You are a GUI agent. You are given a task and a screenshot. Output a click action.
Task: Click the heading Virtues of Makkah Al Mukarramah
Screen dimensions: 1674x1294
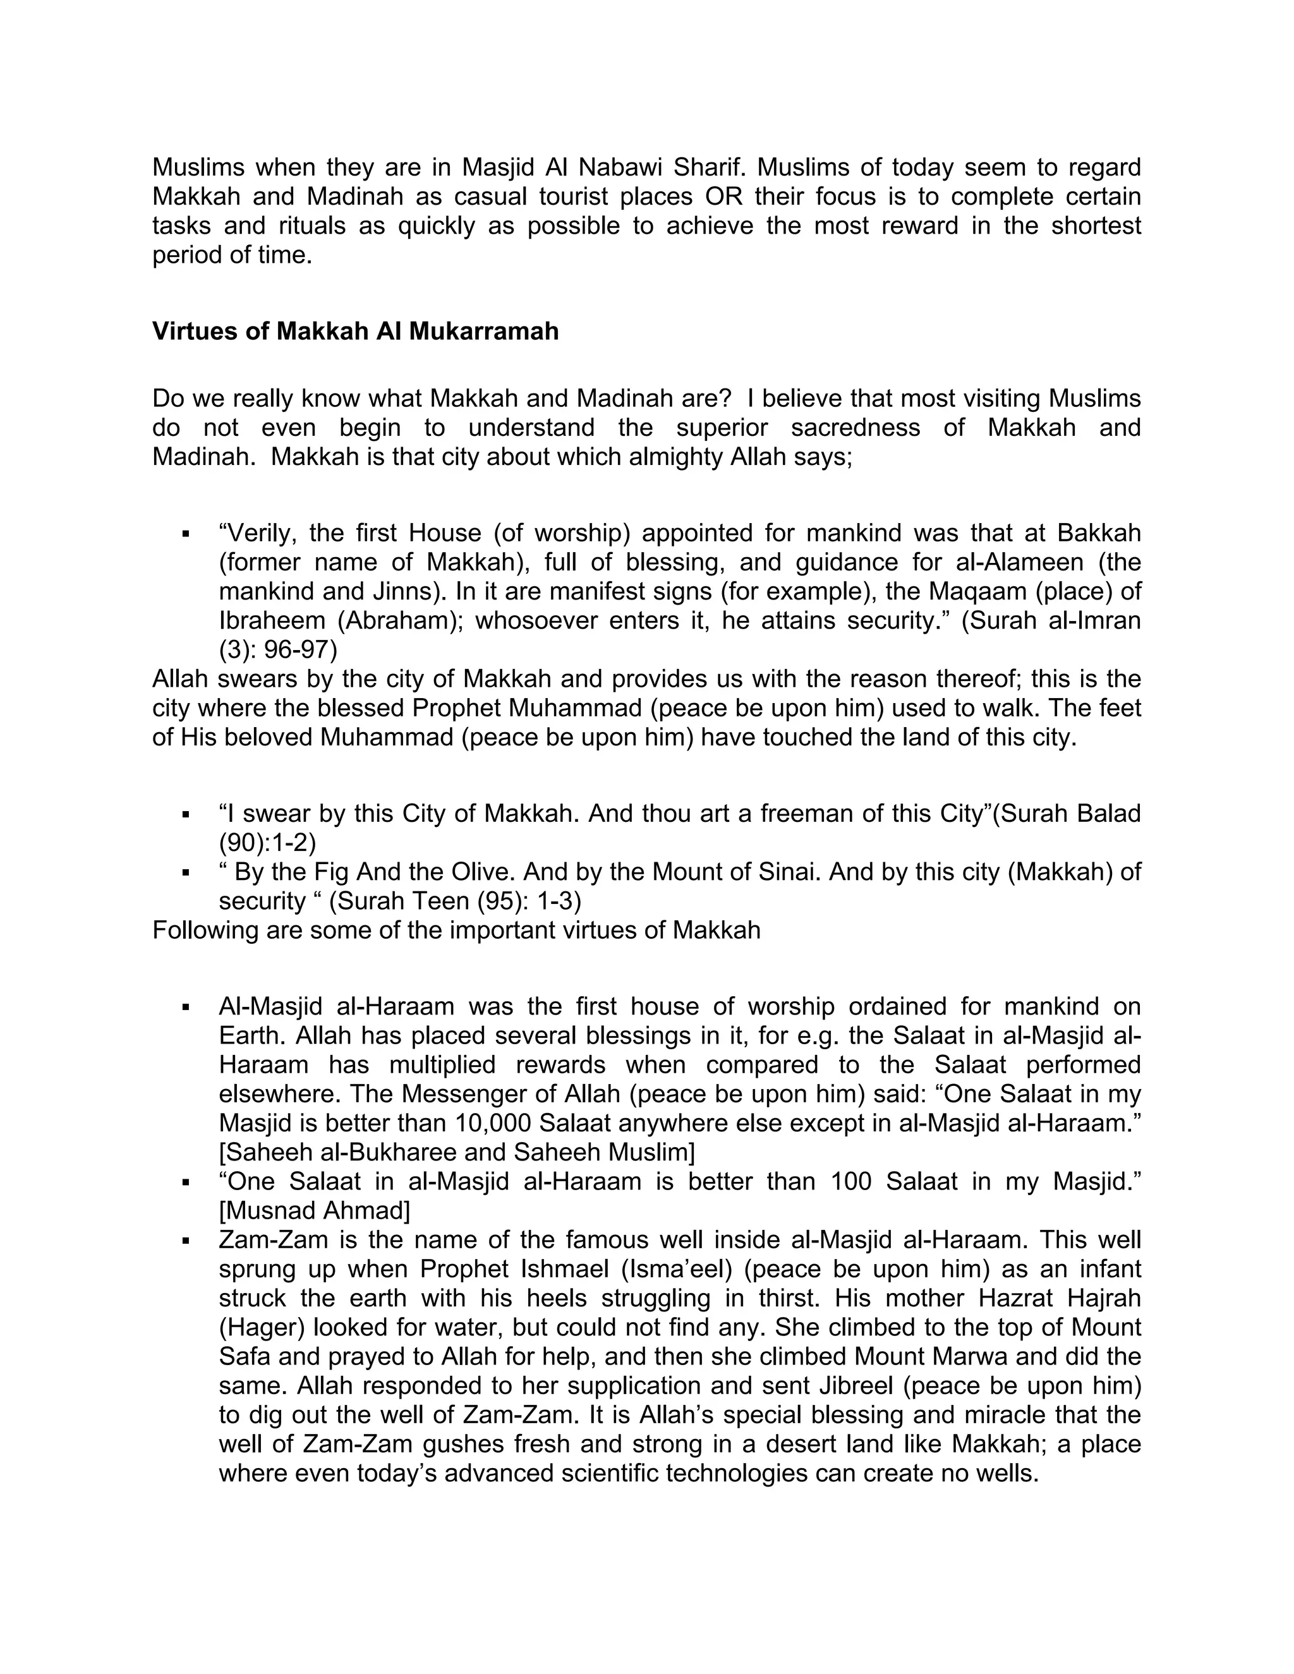[355, 331]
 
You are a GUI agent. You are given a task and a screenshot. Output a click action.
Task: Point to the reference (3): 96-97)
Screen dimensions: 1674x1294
[277, 649]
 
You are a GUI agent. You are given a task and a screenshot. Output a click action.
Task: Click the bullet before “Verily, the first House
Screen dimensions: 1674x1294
[186, 533]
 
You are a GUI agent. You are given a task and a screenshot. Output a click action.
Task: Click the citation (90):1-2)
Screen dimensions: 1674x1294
[267, 842]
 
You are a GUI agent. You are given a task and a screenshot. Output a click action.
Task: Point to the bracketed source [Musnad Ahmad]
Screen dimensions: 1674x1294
[314, 1210]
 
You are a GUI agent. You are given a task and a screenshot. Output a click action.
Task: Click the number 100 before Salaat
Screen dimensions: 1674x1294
[851, 1181]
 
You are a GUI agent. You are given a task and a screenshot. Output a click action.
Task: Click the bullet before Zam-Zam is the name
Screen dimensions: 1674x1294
[186, 1240]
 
